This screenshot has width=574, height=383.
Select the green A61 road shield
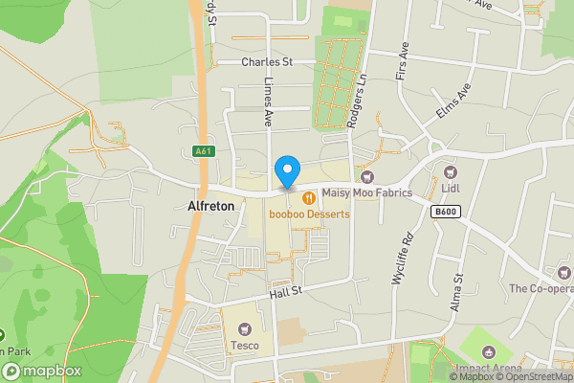coord(202,151)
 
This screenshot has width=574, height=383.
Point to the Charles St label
coord(266,62)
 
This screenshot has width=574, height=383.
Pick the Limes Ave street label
coord(270,103)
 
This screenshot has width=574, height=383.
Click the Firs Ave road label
coord(402,65)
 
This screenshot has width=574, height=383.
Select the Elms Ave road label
coord(454,102)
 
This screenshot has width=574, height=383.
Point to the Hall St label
coord(285,293)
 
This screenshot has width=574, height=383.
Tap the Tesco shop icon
coord(246,328)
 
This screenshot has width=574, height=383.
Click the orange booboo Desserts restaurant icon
coord(309,198)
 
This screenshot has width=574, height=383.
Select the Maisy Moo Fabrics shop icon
coord(365,176)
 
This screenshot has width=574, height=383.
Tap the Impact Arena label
coord(488,369)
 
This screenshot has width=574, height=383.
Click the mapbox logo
coord(41,371)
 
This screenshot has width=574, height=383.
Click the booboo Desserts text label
coord(309,214)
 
